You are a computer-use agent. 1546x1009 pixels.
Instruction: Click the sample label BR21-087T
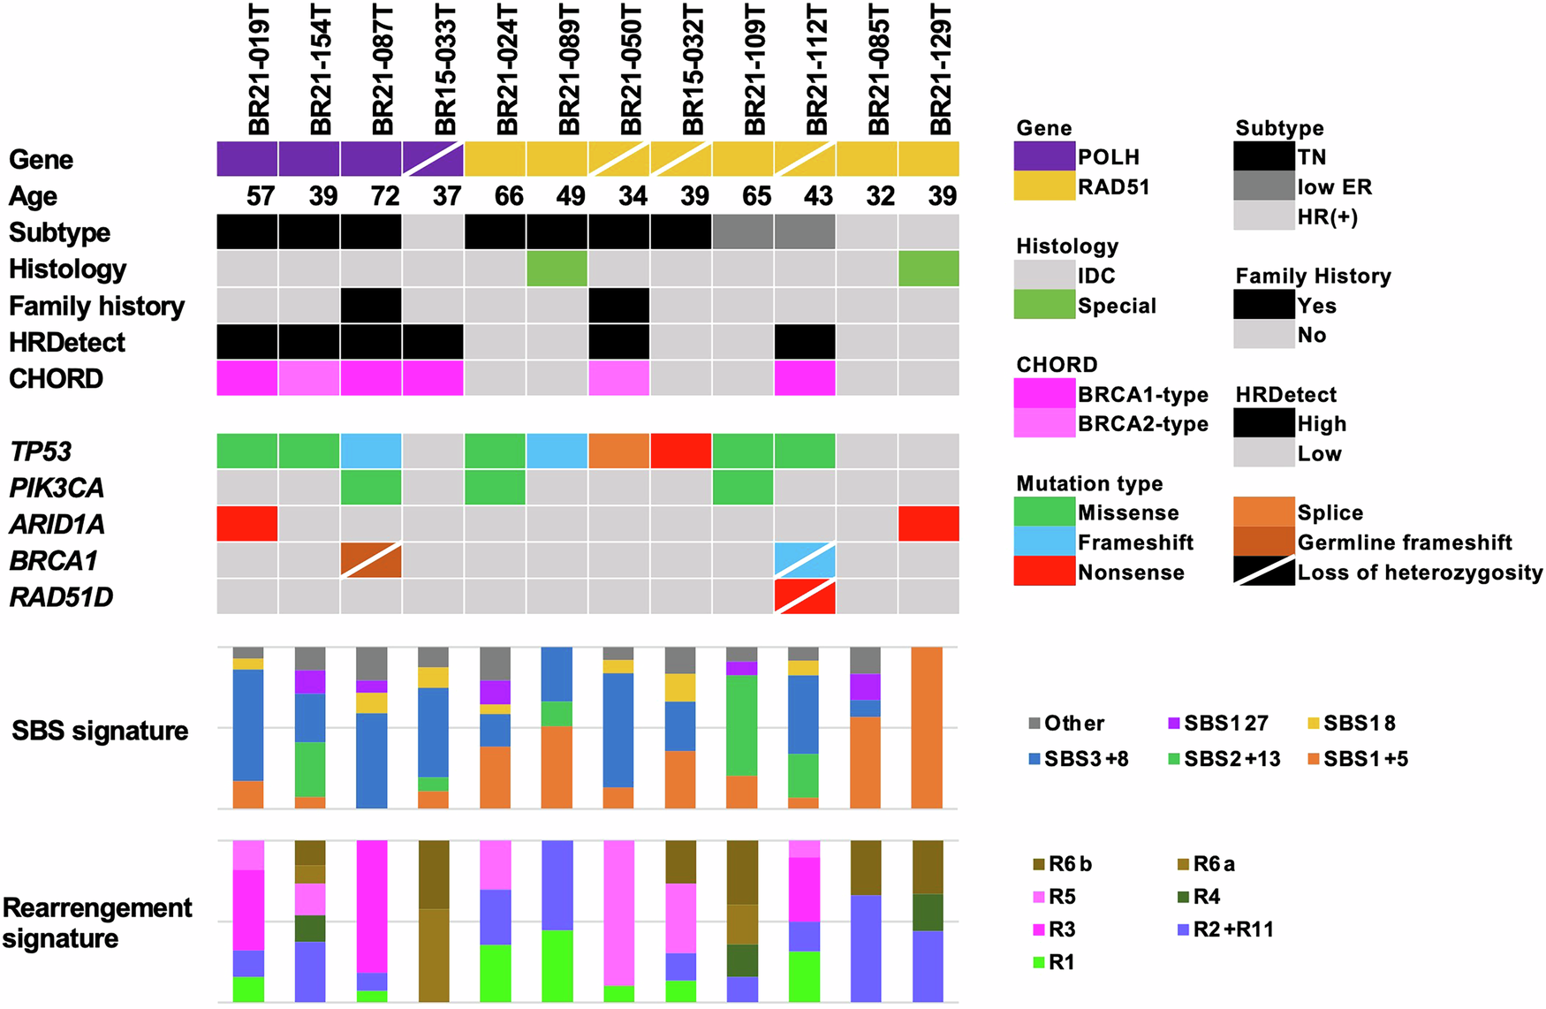point(383,71)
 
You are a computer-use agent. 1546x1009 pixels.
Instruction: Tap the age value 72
point(385,196)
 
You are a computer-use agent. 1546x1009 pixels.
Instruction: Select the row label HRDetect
point(67,343)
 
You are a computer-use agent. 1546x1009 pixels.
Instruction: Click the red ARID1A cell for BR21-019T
point(247,523)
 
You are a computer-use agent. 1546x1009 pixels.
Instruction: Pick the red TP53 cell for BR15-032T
point(680,451)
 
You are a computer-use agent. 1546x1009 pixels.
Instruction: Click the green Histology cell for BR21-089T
point(557,269)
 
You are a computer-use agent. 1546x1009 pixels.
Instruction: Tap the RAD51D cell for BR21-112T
point(804,596)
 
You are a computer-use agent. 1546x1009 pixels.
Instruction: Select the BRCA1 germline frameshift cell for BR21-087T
point(371,560)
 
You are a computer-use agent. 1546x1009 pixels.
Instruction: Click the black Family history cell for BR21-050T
point(618,306)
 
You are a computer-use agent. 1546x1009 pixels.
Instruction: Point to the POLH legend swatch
point(1044,156)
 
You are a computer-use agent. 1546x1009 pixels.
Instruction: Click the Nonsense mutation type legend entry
point(1131,573)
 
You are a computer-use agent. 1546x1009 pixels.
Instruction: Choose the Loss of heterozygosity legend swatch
point(1263,572)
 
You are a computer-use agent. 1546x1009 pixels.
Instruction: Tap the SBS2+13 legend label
point(1232,759)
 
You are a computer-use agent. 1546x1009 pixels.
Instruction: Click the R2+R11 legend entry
point(1233,929)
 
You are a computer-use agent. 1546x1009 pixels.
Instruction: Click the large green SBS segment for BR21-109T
point(742,725)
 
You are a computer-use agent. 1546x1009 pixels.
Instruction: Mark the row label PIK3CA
point(57,488)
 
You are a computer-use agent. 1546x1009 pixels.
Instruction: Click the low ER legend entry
point(1334,187)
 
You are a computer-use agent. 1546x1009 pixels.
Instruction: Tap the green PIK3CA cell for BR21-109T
point(742,487)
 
